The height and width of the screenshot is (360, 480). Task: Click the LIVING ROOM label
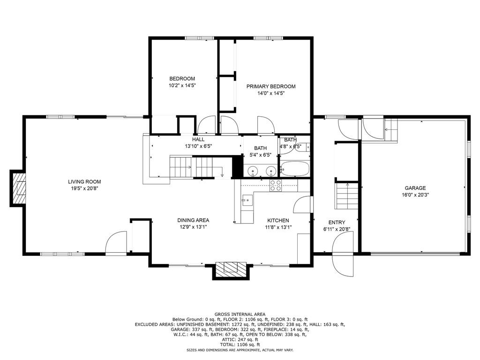click(x=84, y=182)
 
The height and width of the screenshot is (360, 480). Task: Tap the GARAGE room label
click(x=415, y=188)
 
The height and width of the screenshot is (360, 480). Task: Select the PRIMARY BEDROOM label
click(x=271, y=87)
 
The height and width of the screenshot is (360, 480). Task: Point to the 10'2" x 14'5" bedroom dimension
click(x=182, y=86)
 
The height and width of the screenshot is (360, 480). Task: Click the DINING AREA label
click(x=193, y=220)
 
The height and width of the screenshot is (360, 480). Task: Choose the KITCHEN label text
click(x=278, y=220)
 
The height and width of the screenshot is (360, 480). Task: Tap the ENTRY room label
click(x=337, y=223)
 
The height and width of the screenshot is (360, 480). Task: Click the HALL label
click(x=198, y=140)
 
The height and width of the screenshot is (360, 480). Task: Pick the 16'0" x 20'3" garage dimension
click(x=415, y=195)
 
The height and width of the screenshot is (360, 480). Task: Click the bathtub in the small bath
click(x=294, y=169)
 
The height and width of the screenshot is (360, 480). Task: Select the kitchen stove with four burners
click(x=276, y=186)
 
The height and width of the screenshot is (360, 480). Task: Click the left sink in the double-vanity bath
click(x=253, y=170)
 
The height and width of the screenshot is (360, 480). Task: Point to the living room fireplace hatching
click(x=19, y=189)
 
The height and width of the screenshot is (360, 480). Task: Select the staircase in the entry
click(x=347, y=196)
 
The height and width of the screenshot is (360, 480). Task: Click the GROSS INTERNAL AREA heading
click(x=240, y=315)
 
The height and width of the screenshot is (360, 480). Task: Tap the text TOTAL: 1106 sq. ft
click(x=240, y=345)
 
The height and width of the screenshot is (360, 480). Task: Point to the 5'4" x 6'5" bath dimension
click(x=260, y=155)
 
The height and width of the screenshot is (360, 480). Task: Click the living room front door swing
click(x=116, y=242)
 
